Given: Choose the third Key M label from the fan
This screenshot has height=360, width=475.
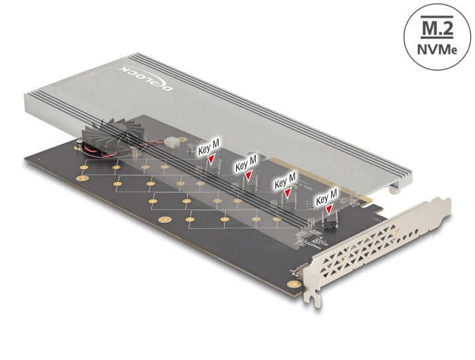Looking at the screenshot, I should tap(285, 181).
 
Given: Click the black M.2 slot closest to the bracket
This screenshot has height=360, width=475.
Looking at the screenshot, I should tap(330, 221).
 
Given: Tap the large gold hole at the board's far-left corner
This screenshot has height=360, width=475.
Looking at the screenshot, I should tap(82, 179).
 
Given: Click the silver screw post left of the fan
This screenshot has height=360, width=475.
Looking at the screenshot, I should tap(80, 145).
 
